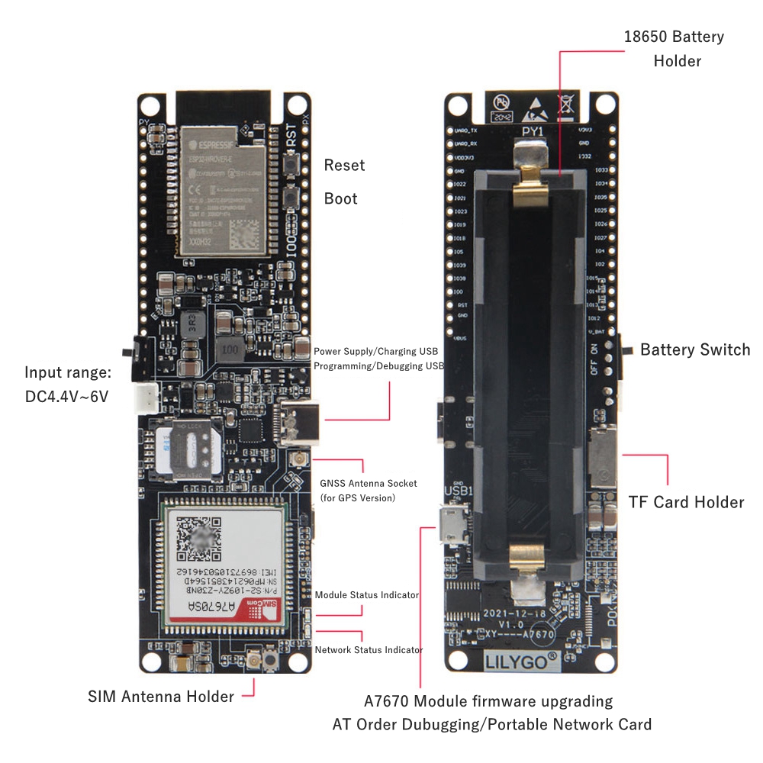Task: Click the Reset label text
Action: click(x=344, y=165)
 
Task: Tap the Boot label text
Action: click(x=340, y=198)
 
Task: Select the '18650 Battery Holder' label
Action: click(x=674, y=48)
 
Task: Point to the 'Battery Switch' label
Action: click(x=695, y=349)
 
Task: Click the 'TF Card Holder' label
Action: click(x=686, y=502)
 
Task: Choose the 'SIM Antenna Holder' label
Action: click(x=161, y=696)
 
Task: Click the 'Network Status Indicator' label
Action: click(x=369, y=650)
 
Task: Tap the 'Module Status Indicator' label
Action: click(x=367, y=594)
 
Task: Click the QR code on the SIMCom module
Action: click(x=200, y=538)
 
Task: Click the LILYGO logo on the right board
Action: click(x=517, y=660)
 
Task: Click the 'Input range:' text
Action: click(x=68, y=372)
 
